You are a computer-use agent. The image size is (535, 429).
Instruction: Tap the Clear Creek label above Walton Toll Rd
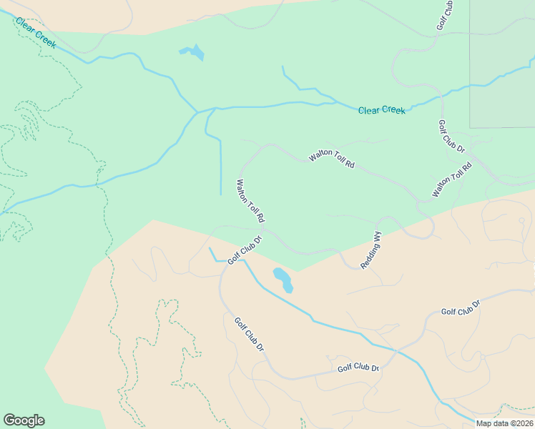(x=381, y=110)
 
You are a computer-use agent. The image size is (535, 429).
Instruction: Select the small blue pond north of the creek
(x=192, y=52)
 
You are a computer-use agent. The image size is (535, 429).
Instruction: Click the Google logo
(x=24, y=420)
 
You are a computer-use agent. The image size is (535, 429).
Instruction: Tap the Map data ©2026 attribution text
(x=505, y=423)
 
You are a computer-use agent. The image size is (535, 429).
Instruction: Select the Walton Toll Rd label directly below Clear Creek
(x=332, y=159)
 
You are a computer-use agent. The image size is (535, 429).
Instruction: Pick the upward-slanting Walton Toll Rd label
(x=452, y=180)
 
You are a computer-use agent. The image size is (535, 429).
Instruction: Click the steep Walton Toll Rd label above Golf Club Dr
(x=251, y=200)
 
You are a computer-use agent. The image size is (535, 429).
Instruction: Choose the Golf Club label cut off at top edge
(x=444, y=16)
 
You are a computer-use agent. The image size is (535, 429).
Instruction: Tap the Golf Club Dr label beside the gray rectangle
(x=451, y=137)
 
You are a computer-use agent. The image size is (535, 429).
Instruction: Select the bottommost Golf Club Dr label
(x=358, y=368)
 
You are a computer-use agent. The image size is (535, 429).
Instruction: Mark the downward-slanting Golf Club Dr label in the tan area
(x=250, y=333)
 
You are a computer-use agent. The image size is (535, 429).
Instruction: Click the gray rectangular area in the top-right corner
(x=502, y=64)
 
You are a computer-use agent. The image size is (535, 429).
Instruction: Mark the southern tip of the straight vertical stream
(x=220, y=194)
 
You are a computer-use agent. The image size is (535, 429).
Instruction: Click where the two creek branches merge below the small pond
(x=197, y=112)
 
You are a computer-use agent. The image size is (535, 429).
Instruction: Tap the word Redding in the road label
(x=368, y=255)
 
